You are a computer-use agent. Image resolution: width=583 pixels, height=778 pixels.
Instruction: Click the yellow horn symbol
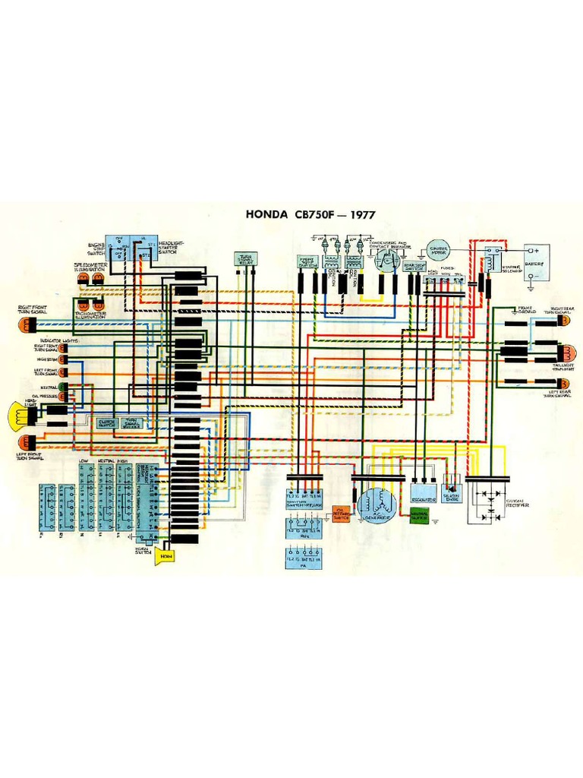pos(166,556)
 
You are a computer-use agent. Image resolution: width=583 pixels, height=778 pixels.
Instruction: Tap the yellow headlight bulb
pos(17,414)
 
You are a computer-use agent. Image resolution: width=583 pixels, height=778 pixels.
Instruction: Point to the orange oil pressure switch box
pos(342,516)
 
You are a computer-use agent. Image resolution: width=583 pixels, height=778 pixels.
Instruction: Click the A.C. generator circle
pos(377,504)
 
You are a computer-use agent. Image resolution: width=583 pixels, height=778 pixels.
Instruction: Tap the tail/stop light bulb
pos(566,353)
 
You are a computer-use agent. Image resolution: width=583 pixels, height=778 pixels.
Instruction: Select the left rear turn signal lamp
pos(566,381)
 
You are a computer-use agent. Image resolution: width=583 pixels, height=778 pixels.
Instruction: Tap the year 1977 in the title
pos(359,214)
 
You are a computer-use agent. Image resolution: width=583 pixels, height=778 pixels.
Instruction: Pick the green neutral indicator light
pos(63,386)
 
